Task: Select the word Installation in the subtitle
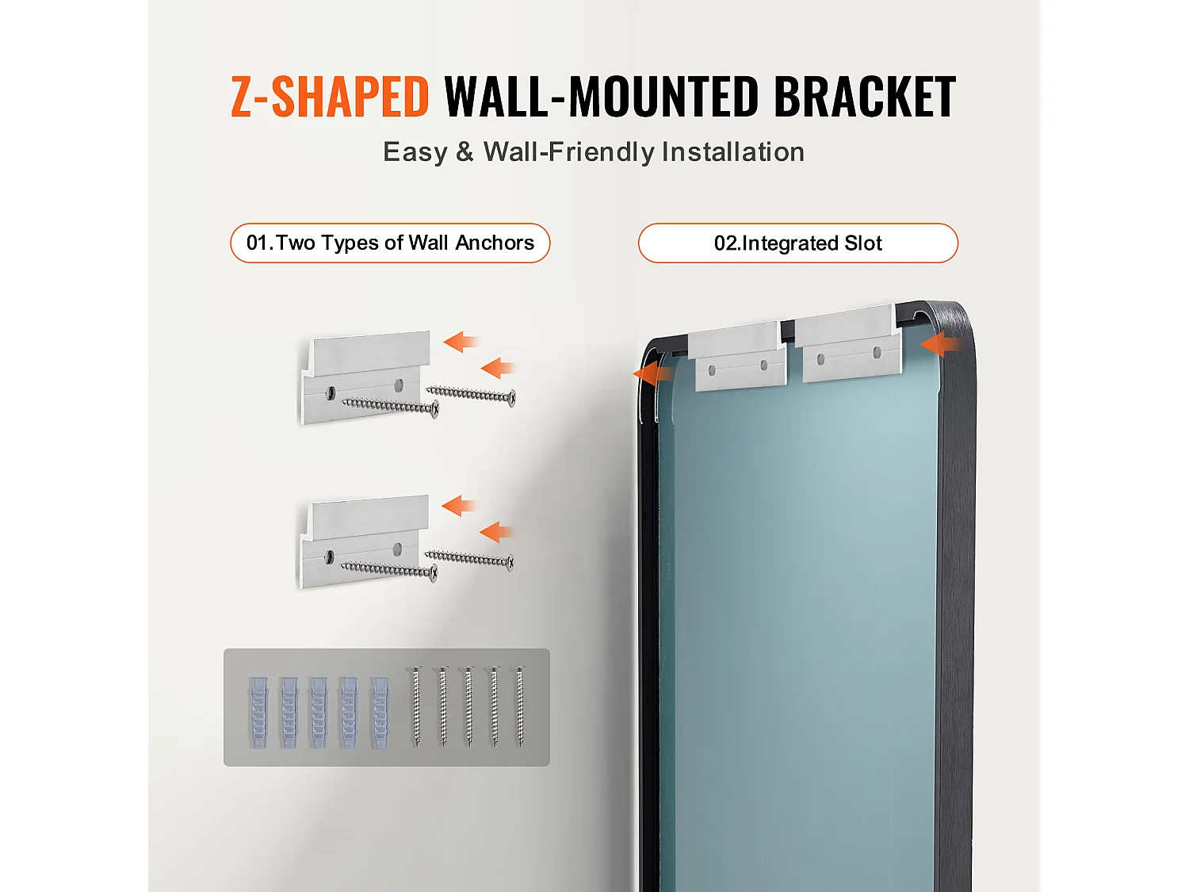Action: tap(733, 151)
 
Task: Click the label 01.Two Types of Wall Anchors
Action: tap(390, 243)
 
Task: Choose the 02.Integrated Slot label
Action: tap(798, 243)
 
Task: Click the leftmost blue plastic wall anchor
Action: tap(258, 712)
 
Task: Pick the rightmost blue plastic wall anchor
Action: tap(380, 712)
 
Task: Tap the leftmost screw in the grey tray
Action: tap(417, 706)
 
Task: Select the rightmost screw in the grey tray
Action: tap(520, 706)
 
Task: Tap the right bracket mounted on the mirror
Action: tap(848, 343)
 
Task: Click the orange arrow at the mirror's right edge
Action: tap(942, 344)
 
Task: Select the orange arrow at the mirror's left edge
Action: tap(654, 373)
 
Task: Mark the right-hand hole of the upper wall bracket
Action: tap(399, 385)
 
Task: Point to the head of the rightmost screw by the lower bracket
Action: tap(510, 562)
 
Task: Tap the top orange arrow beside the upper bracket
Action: tap(461, 342)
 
